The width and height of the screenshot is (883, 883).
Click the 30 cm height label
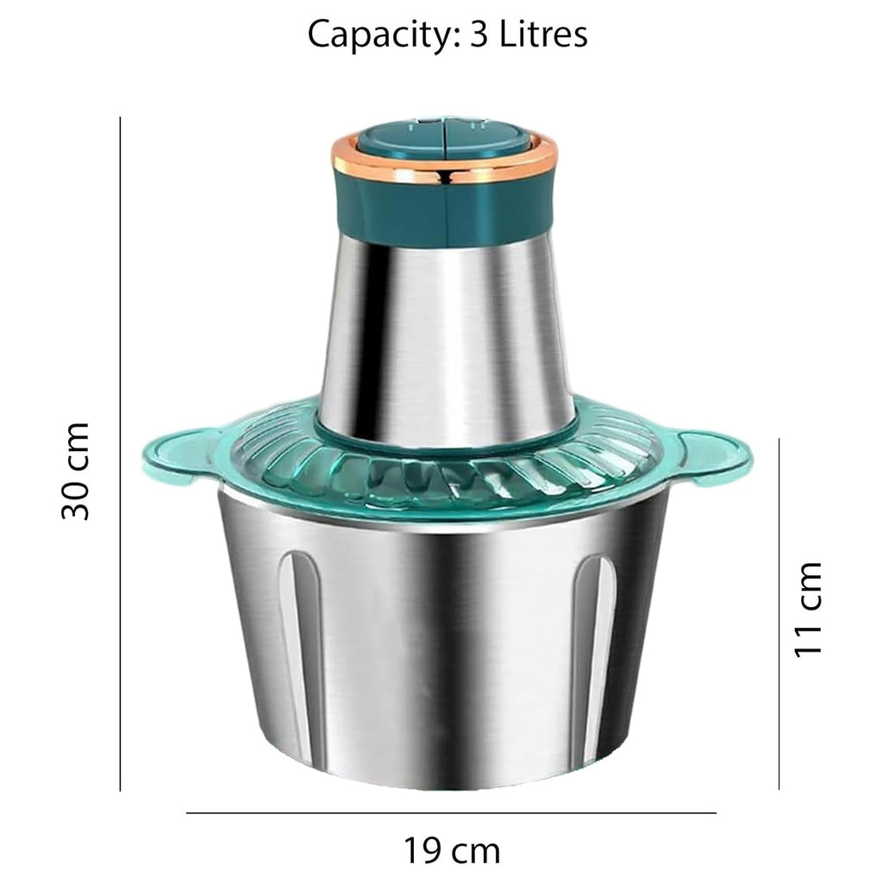(x=76, y=471)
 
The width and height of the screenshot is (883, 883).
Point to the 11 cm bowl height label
(x=808, y=609)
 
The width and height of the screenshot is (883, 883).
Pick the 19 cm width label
(x=451, y=851)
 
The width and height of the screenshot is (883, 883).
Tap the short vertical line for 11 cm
(x=779, y=612)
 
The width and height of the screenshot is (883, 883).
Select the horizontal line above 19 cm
(x=451, y=812)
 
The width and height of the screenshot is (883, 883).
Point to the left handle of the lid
(x=177, y=453)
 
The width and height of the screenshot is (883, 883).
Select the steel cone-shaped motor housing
(x=444, y=336)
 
